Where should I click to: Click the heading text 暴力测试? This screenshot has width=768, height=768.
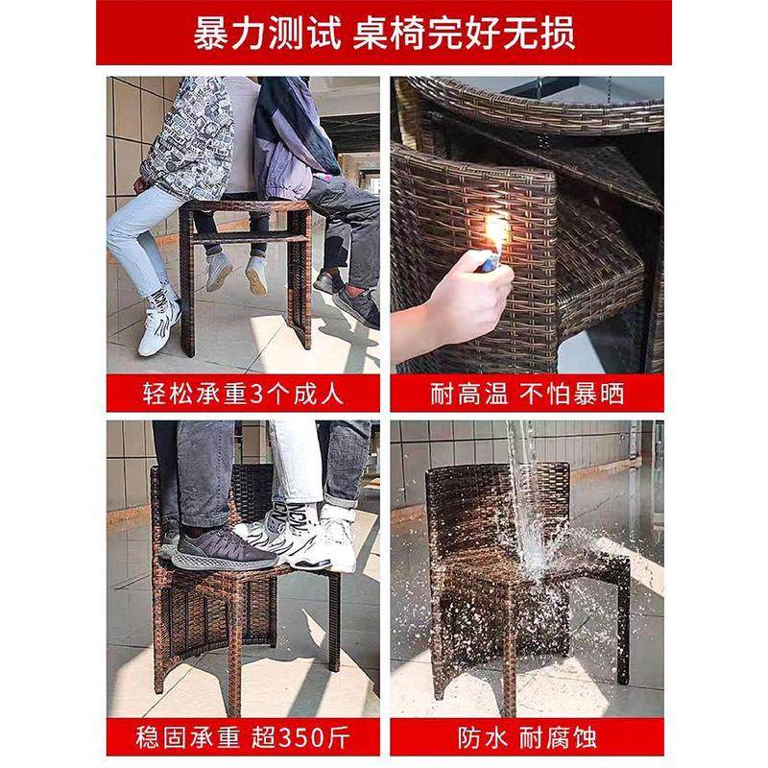[x=266, y=33]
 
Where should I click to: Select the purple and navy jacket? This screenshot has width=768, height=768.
[x=293, y=130]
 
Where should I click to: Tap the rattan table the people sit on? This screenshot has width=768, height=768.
[x=246, y=259]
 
